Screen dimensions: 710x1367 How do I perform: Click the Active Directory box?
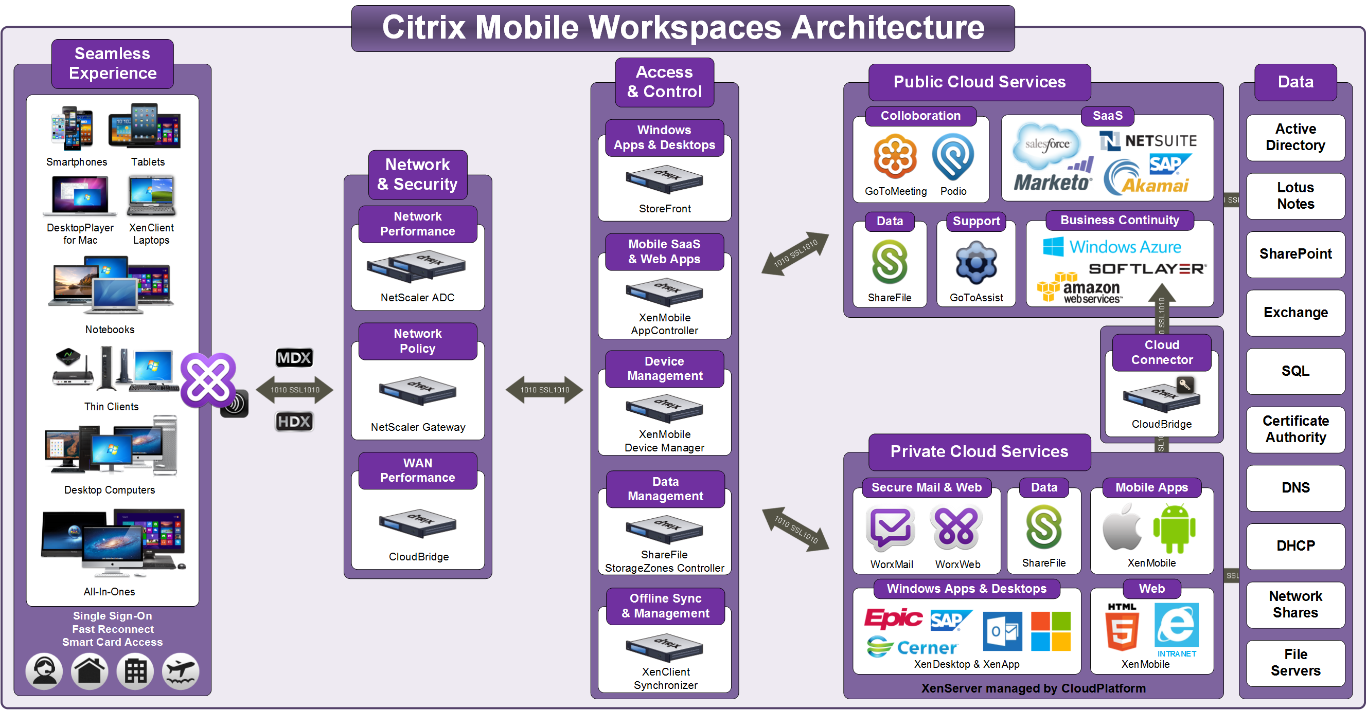point(1295,137)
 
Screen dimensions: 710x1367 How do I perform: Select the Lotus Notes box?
point(1295,196)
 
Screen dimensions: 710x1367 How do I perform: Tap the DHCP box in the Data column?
point(1295,545)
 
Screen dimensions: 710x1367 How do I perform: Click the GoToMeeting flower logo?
point(895,156)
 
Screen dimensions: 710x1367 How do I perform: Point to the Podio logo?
point(953,156)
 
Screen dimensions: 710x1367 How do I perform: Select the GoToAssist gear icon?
point(976,264)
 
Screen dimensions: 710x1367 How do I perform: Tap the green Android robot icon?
point(1174,529)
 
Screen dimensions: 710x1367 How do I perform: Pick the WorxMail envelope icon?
point(891,530)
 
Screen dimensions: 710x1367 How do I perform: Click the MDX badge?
point(294,358)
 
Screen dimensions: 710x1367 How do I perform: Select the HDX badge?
point(294,422)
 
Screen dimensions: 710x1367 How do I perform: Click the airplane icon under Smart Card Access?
point(181,671)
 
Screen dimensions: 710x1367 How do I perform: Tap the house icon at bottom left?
point(90,671)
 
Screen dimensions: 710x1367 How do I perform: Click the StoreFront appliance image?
point(664,179)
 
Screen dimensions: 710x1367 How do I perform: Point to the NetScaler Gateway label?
point(418,427)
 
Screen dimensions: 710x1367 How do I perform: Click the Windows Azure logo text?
point(1125,247)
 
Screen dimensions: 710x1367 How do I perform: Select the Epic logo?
point(894,618)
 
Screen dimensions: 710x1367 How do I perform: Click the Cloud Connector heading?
point(1162,353)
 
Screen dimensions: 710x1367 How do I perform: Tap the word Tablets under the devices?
point(148,162)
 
